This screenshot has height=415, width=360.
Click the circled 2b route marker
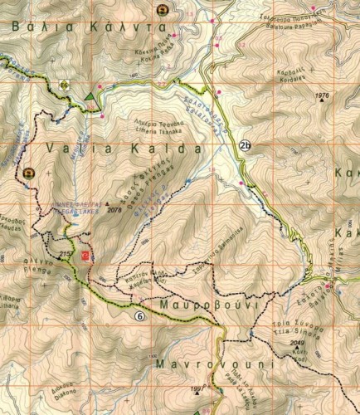245,148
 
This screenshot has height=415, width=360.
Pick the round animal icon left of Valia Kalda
29,173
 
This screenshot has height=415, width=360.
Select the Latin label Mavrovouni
202,364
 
